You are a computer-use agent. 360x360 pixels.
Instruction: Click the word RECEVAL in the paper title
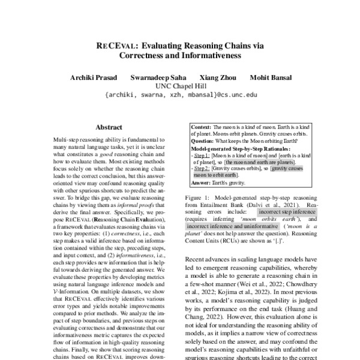118,45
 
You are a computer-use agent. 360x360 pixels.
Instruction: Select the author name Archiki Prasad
94,77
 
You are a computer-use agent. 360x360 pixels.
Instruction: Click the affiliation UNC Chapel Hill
180,86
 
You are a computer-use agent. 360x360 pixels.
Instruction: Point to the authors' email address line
180,95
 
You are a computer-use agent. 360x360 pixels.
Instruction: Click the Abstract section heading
109,127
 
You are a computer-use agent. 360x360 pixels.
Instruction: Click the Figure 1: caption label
201,197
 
